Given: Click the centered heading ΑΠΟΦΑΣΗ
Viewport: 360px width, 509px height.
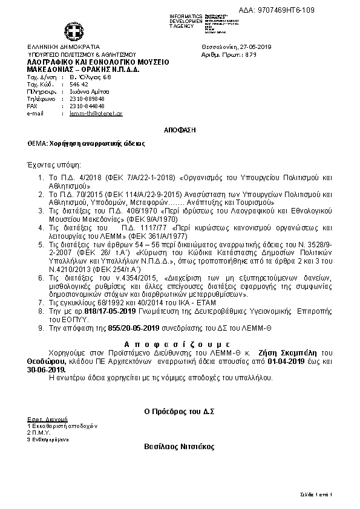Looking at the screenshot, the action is coord(180,131).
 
